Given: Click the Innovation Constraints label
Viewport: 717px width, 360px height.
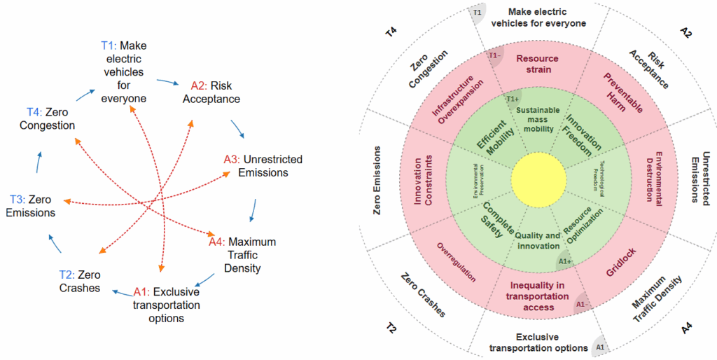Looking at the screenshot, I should point(424,181).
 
